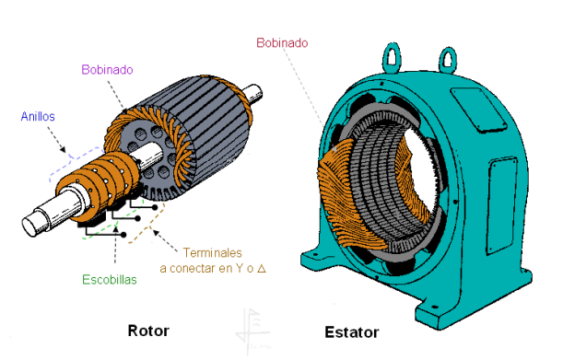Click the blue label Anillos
click(38, 116)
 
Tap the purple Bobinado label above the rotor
click(107, 69)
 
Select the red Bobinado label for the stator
click(282, 42)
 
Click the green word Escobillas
click(110, 279)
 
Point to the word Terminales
click(213, 252)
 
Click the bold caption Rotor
click(148, 331)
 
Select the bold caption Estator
click(351, 332)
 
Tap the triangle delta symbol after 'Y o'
click(262, 268)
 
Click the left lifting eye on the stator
click(392, 57)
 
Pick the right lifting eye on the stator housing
click(448, 59)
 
